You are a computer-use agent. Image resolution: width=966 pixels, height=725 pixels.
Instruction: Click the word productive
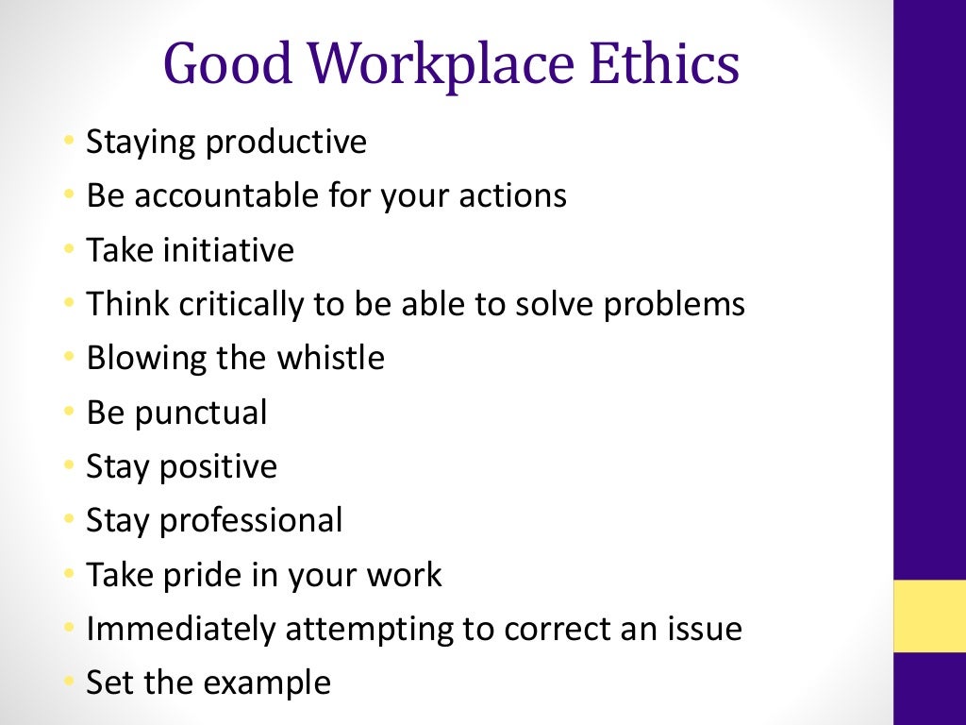point(286,143)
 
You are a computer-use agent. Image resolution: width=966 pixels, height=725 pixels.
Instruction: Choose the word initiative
point(228,250)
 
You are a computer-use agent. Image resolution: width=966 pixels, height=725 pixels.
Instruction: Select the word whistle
point(330,358)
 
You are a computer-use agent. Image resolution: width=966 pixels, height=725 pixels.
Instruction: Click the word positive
point(223,466)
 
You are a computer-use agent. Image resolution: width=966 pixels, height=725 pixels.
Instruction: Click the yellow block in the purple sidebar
point(929,615)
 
